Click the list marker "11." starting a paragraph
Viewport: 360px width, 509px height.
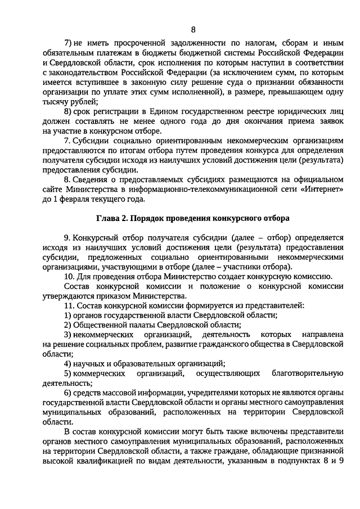[69, 305]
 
